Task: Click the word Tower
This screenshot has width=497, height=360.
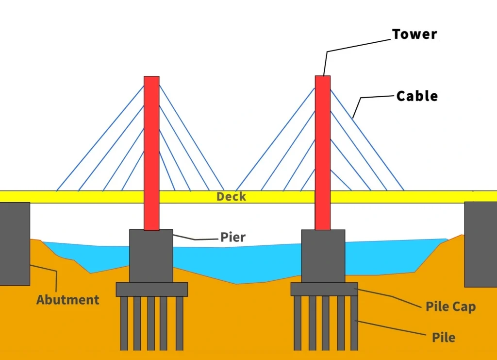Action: tap(414, 34)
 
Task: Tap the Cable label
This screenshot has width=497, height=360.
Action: tap(417, 96)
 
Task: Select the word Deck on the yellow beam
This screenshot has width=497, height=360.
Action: tap(231, 197)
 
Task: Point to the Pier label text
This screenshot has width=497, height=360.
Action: tap(233, 237)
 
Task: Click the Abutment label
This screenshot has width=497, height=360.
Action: tap(68, 300)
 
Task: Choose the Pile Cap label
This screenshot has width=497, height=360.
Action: tap(451, 307)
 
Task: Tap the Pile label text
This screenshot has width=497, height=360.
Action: tap(444, 338)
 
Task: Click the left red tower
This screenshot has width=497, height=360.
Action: tap(151, 153)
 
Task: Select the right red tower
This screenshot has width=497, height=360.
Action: tap(323, 153)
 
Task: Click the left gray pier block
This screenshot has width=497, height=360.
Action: tap(151, 256)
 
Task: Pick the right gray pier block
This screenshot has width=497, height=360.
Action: tap(323, 257)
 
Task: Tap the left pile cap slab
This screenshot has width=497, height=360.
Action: tap(152, 290)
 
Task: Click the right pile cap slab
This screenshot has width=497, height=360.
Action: tap(324, 289)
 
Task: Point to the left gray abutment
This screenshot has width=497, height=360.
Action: tap(15, 244)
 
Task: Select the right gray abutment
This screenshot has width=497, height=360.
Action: tap(480, 244)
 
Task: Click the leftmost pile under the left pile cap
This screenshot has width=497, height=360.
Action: tap(124, 324)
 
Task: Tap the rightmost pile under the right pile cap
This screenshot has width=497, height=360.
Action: tap(354, 323)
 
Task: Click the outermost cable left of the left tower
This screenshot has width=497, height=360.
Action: tap(100, 138)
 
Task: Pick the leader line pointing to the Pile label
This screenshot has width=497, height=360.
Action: tap(391, 327)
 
